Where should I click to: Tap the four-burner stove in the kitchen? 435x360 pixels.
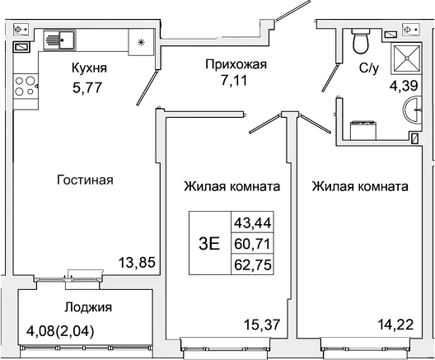point(26,86)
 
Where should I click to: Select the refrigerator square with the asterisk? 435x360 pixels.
point(140,40)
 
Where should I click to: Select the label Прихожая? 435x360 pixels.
point(225,63)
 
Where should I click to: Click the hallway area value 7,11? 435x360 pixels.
point(225,82)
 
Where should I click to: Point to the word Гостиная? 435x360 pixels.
point(85,180)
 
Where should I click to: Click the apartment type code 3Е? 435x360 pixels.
point(209,243)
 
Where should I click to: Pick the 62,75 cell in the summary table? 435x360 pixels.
point(255,264)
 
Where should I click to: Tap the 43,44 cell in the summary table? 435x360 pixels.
point(255,222)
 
